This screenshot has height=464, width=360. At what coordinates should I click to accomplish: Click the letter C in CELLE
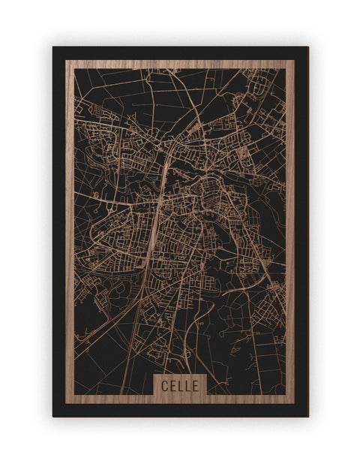[x=165, y=385]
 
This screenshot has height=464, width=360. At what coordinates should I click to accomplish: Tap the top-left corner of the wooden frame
[x=66, y=61]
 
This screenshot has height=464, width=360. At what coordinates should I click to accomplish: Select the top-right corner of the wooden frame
[x=295, y=61]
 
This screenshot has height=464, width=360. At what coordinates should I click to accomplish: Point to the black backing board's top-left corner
[x=53, y=47]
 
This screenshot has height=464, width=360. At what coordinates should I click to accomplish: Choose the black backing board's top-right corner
[x=308, y=47]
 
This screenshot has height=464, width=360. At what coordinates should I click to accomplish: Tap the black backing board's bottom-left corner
[x=53, y=417]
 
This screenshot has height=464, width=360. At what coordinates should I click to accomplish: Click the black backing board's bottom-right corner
[x=308, y=417]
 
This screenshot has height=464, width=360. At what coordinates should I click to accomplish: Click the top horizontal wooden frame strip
[x=180, y=65]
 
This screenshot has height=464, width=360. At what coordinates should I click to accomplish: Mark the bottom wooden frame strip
[x=112, y=399]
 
